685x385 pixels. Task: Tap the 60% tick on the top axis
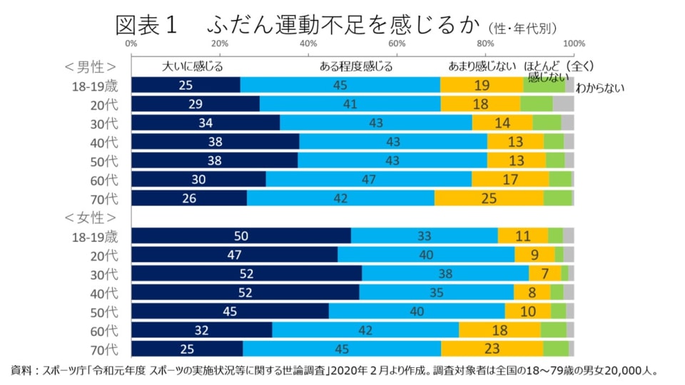397,43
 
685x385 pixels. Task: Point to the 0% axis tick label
131,43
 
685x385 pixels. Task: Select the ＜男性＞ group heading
90,67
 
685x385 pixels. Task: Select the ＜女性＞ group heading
90,217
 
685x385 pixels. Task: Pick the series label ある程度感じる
356,67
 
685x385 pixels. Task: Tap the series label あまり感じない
482,67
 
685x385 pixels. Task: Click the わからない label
600,88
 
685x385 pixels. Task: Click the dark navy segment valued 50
241,236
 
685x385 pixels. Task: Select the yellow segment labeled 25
489,198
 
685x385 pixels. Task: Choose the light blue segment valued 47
368,179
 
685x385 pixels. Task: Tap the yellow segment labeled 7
545,274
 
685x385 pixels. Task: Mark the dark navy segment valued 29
196,103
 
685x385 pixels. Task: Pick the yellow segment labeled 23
492,349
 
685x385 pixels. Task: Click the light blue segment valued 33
424,236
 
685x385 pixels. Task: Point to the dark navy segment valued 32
202,330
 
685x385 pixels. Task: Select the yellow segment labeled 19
482,85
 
